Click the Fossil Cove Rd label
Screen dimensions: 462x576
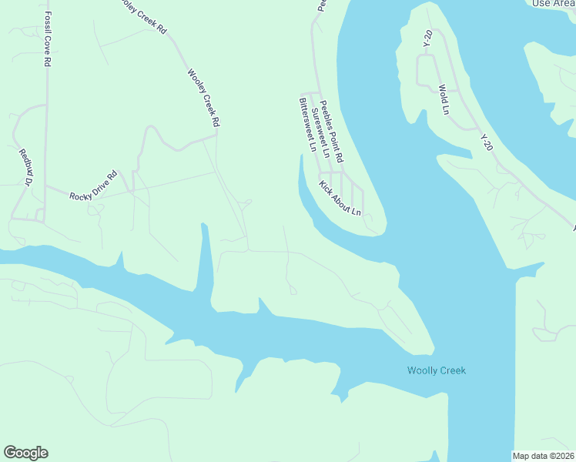47,38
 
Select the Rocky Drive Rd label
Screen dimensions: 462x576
92,186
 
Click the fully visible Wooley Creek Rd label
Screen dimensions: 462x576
204,98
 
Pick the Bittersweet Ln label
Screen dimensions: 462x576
308,125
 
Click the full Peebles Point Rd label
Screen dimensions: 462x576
332,131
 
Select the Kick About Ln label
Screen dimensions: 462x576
340,198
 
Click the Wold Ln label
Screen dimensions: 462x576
444,99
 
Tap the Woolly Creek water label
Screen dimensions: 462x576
436,371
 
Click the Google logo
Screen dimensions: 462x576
25,453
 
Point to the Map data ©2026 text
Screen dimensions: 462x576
544,456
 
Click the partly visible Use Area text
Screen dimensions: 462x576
554,4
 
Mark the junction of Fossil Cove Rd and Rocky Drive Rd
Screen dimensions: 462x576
45,186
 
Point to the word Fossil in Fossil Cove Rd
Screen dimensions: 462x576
47,23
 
